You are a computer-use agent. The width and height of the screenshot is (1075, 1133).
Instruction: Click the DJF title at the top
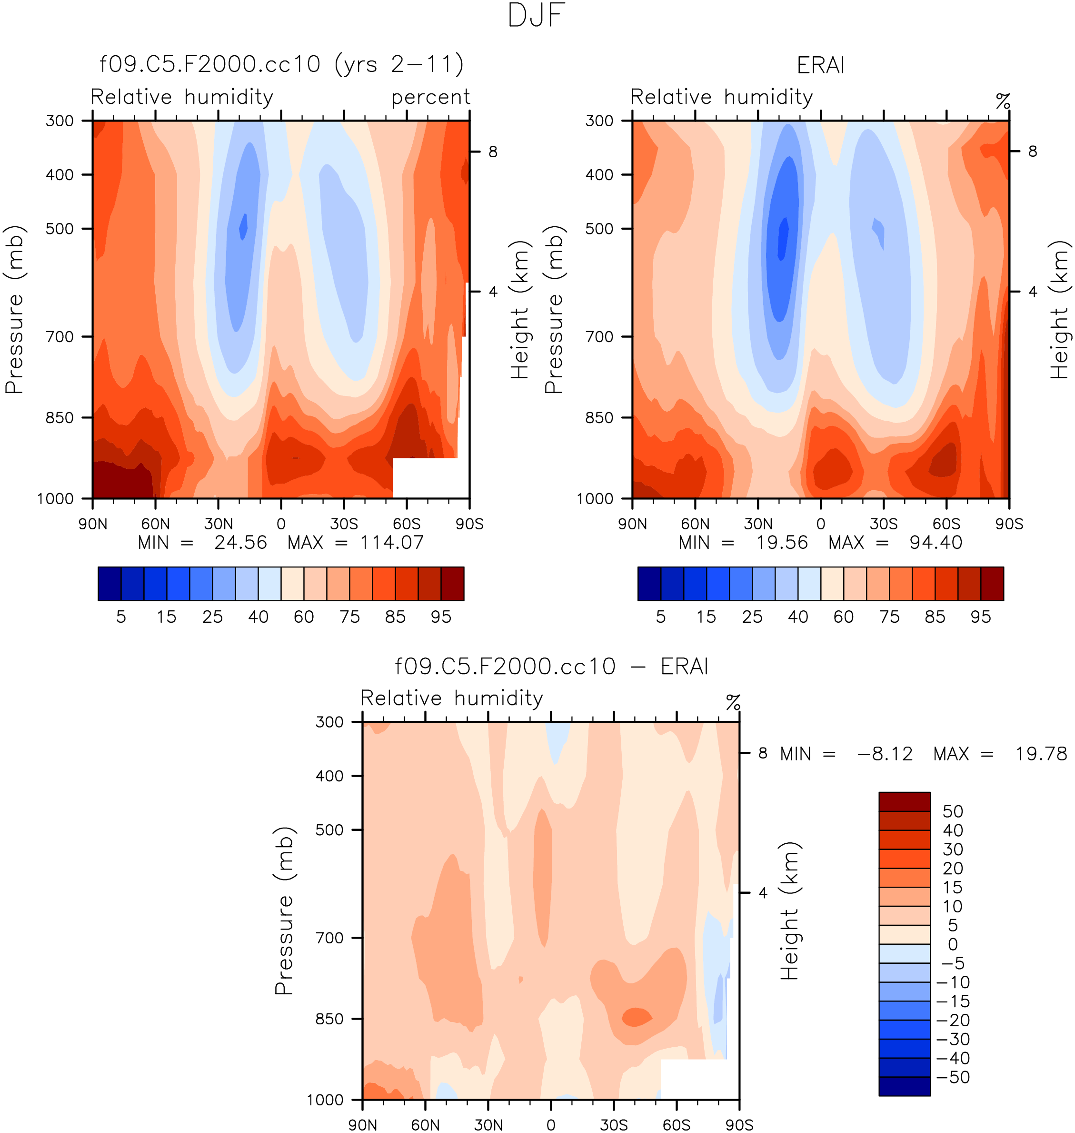537,16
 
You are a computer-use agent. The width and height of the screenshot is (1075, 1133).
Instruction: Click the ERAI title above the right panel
821,66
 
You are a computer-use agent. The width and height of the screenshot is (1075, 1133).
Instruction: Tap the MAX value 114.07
392,542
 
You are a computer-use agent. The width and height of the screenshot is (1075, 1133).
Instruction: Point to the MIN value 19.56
782,542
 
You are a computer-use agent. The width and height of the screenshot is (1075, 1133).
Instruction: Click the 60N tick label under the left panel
156,524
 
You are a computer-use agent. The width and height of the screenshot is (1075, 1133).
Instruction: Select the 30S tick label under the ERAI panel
884,524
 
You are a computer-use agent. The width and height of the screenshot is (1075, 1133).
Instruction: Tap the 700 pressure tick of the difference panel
329,938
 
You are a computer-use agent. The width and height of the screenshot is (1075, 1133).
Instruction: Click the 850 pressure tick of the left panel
60,418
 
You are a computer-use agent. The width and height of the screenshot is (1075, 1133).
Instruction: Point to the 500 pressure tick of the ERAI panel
599,229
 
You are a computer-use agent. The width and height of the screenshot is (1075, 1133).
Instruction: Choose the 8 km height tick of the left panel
493,152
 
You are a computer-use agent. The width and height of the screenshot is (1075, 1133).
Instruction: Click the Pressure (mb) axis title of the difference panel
284,910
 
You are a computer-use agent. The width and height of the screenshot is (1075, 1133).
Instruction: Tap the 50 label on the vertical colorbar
952,811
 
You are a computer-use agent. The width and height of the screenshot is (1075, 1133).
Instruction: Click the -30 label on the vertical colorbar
952,1039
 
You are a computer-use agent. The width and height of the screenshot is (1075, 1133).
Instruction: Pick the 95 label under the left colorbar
441,617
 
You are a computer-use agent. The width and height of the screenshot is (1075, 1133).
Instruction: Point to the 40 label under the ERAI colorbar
797,617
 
